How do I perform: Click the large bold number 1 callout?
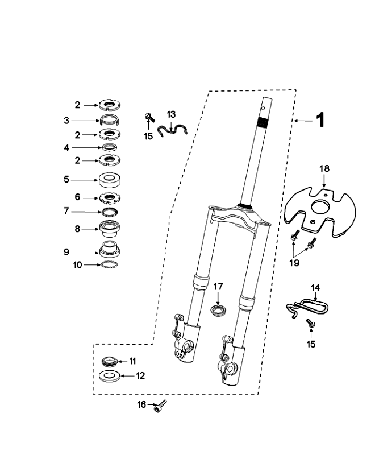(x=320, y=120)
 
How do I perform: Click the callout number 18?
(x=324, y=169)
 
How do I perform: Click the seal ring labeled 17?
(x=218, y=311)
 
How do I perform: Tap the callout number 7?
(x=82, y=211)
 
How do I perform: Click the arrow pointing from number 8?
(x=92, y=229)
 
